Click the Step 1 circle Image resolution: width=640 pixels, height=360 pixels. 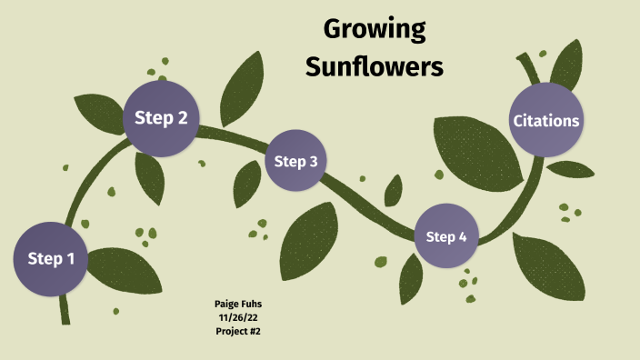pyautogui.click(x=51, y=259)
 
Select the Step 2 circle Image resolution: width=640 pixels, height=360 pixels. pyautogui.click(x=161, y=117)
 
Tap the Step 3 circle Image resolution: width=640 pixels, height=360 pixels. pyautogui.click(x=295, y=162)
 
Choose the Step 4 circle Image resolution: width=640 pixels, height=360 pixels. pyautogui.click(x=446, y=237)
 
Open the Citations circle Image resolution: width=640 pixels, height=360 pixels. pyautogui.click(x=545, y=120)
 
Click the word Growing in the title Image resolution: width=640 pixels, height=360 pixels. pyautogui.click(x=375, y=30)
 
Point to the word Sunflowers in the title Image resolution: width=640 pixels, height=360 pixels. pyautogui.click(x=375, y=66)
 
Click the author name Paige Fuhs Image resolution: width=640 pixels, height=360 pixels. pyautogui.click(x=239, y=304)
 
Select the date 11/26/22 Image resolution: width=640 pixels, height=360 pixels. pyautogui.click(x=239, y=317)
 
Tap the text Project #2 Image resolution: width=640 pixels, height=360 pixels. pyautogui.click(x=239, y=331)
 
